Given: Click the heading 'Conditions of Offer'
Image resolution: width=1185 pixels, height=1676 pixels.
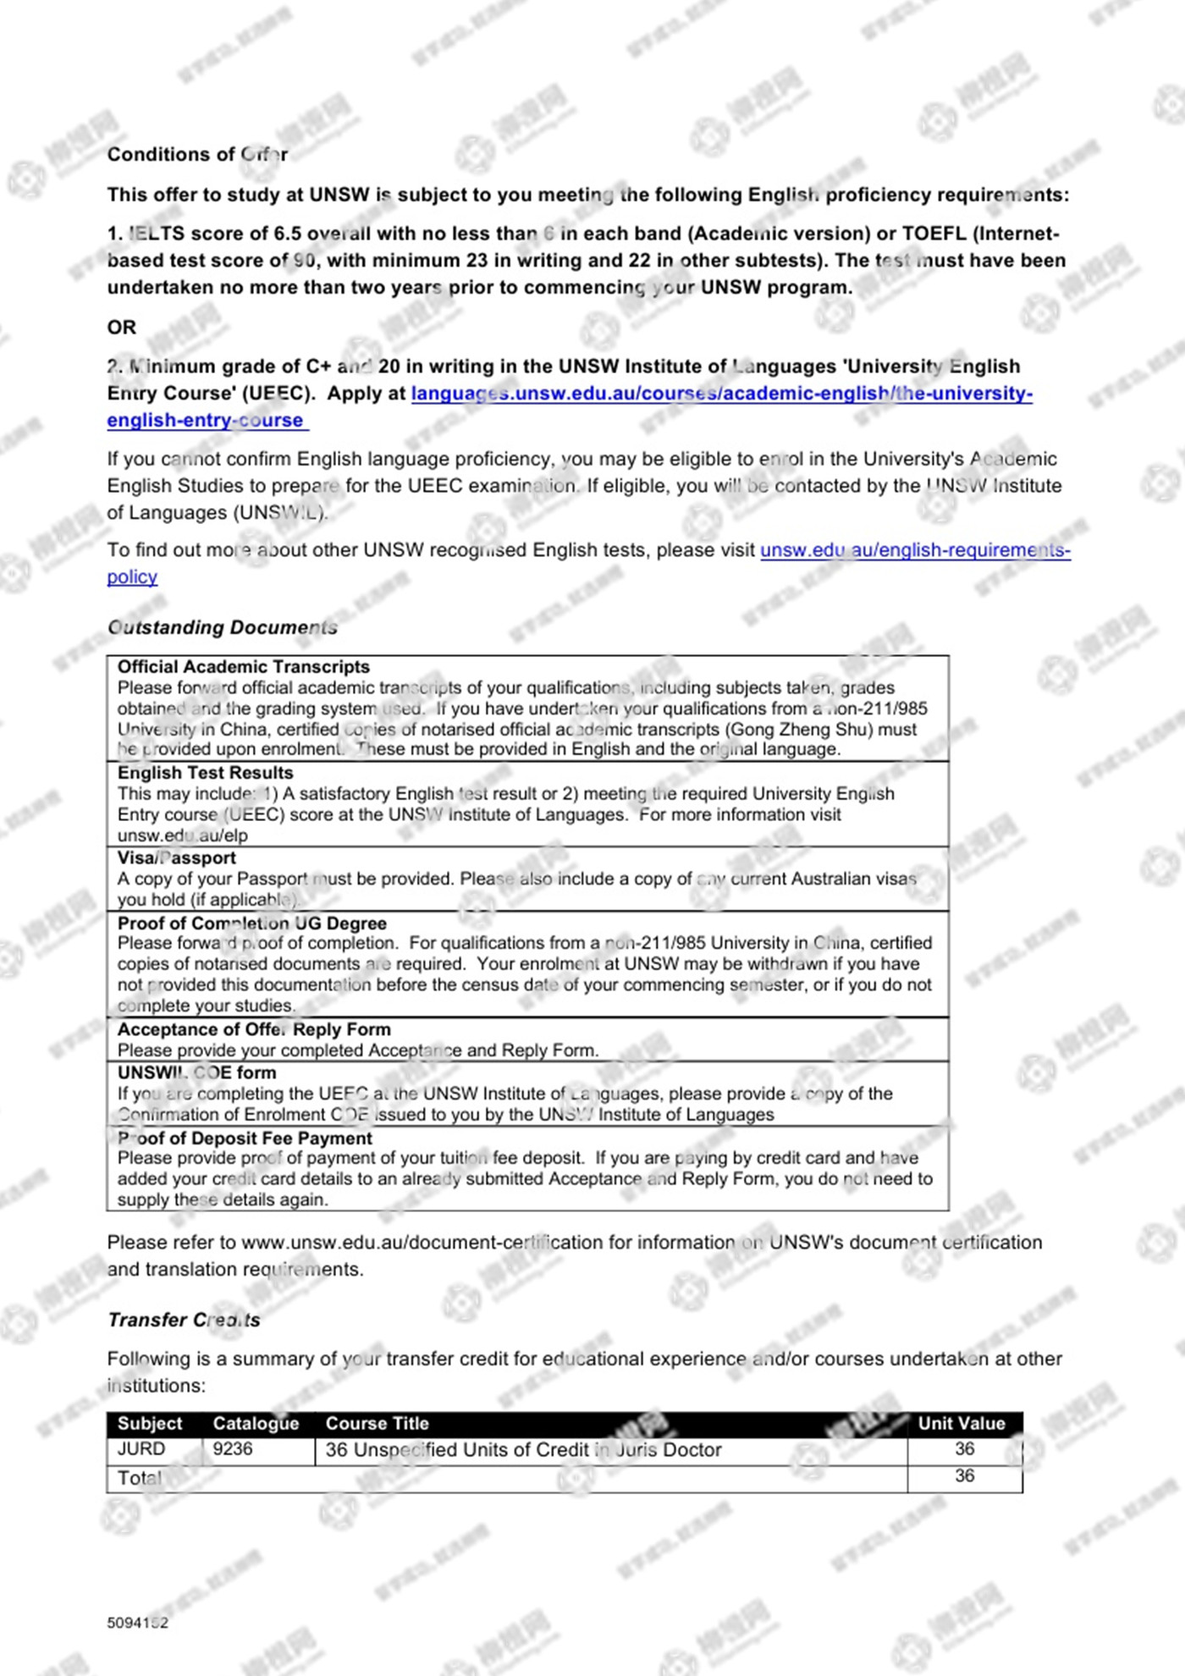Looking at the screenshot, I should point(197,154).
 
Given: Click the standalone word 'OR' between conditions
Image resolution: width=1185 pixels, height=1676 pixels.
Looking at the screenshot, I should point(122,327).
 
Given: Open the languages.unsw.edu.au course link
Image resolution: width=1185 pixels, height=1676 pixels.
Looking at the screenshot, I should point(721,394).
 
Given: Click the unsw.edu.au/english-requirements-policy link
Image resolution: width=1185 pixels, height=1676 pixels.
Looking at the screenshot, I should point(914,550).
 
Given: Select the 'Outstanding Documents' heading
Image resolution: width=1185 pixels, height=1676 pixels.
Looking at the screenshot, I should point(222,627).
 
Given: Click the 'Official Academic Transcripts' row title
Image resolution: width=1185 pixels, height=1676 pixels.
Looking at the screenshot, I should point(244,667).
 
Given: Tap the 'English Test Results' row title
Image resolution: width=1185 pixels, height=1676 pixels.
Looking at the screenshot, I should point(206,773).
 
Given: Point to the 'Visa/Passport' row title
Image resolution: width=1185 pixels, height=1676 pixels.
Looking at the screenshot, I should point(177,857).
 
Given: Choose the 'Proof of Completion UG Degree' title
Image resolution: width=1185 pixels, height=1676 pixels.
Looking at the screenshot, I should point(251,923).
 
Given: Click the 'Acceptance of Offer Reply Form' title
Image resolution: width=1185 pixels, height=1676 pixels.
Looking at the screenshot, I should point(254,1029).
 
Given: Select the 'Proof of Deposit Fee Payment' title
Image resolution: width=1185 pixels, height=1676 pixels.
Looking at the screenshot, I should point(245,1138).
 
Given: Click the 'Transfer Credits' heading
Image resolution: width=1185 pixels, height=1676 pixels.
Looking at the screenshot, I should point(184,1320).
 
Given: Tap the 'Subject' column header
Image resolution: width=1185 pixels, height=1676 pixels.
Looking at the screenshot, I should point(150,1424).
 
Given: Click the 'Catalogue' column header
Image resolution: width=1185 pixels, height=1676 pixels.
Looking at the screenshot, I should point(256,1424).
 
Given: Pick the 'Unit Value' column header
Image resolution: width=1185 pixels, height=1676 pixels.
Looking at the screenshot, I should point(962,1424).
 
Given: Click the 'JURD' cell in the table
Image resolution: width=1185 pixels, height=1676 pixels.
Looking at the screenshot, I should point(141,1449).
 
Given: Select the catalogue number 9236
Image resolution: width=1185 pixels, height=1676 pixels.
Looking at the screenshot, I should point(233,1449).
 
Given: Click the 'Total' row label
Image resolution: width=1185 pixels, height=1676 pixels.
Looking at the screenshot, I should point(140,1478).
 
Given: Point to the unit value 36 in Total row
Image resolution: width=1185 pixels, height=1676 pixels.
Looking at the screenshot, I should point(965,1476).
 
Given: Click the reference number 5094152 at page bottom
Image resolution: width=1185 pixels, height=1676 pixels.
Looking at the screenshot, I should point(138,1623).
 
